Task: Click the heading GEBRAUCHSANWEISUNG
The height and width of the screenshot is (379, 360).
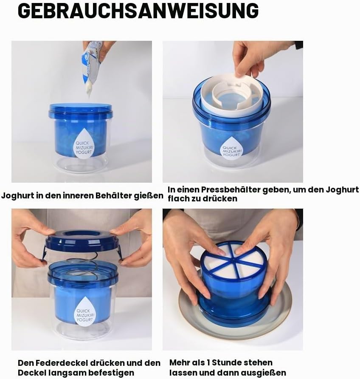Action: tap(138, 11)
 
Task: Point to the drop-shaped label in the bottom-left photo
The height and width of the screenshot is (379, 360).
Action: tap(84, 311)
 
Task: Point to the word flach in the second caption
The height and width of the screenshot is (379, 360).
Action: tap(178, 198)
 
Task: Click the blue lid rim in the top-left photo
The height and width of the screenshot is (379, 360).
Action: tap(80, 111)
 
